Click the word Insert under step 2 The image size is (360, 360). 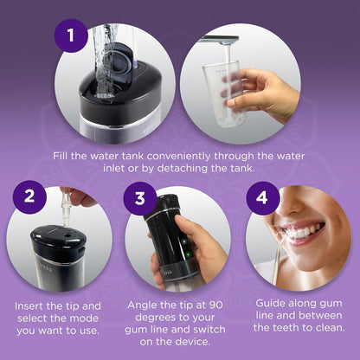33,305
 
